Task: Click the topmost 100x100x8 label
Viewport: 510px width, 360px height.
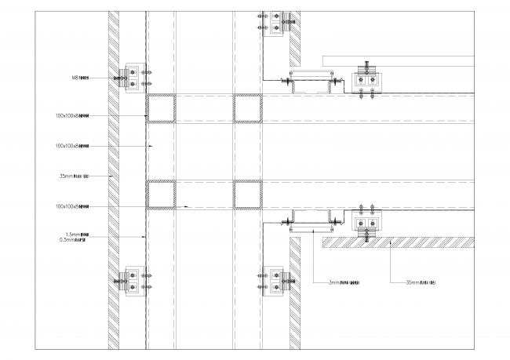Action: pos(72,116)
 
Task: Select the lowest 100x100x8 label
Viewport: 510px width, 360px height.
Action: pos(72,206)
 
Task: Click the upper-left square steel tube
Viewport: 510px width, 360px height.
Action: pos(161,108)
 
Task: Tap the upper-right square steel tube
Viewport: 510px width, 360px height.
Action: pos(248,108)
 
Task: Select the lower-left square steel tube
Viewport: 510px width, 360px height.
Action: pos(161,195)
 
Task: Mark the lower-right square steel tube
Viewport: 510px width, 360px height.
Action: pos(248,195)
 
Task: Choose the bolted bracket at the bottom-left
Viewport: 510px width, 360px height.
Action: pos(130,281)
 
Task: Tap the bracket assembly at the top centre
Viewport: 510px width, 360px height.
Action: pos(275,21)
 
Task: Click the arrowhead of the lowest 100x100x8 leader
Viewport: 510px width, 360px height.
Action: pos(188,206)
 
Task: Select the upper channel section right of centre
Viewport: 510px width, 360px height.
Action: pos(312,82)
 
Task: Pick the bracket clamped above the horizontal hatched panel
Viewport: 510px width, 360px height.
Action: pos(366,225)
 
